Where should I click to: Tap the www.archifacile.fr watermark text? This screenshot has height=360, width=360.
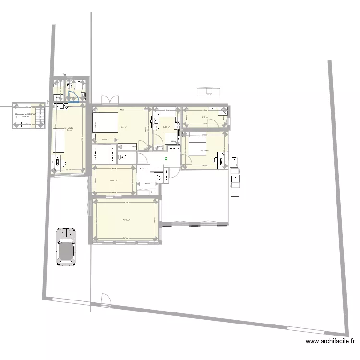point(331,342)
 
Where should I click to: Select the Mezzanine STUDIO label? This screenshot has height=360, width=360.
point(26,115)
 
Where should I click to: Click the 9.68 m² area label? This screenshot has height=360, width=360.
point(114,180)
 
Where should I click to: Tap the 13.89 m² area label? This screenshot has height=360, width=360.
point(204,151)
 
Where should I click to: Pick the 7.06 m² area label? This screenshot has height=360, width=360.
point(167,127)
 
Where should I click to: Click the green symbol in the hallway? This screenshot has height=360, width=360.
point(166,158)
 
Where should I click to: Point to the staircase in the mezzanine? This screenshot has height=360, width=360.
point(41,117)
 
